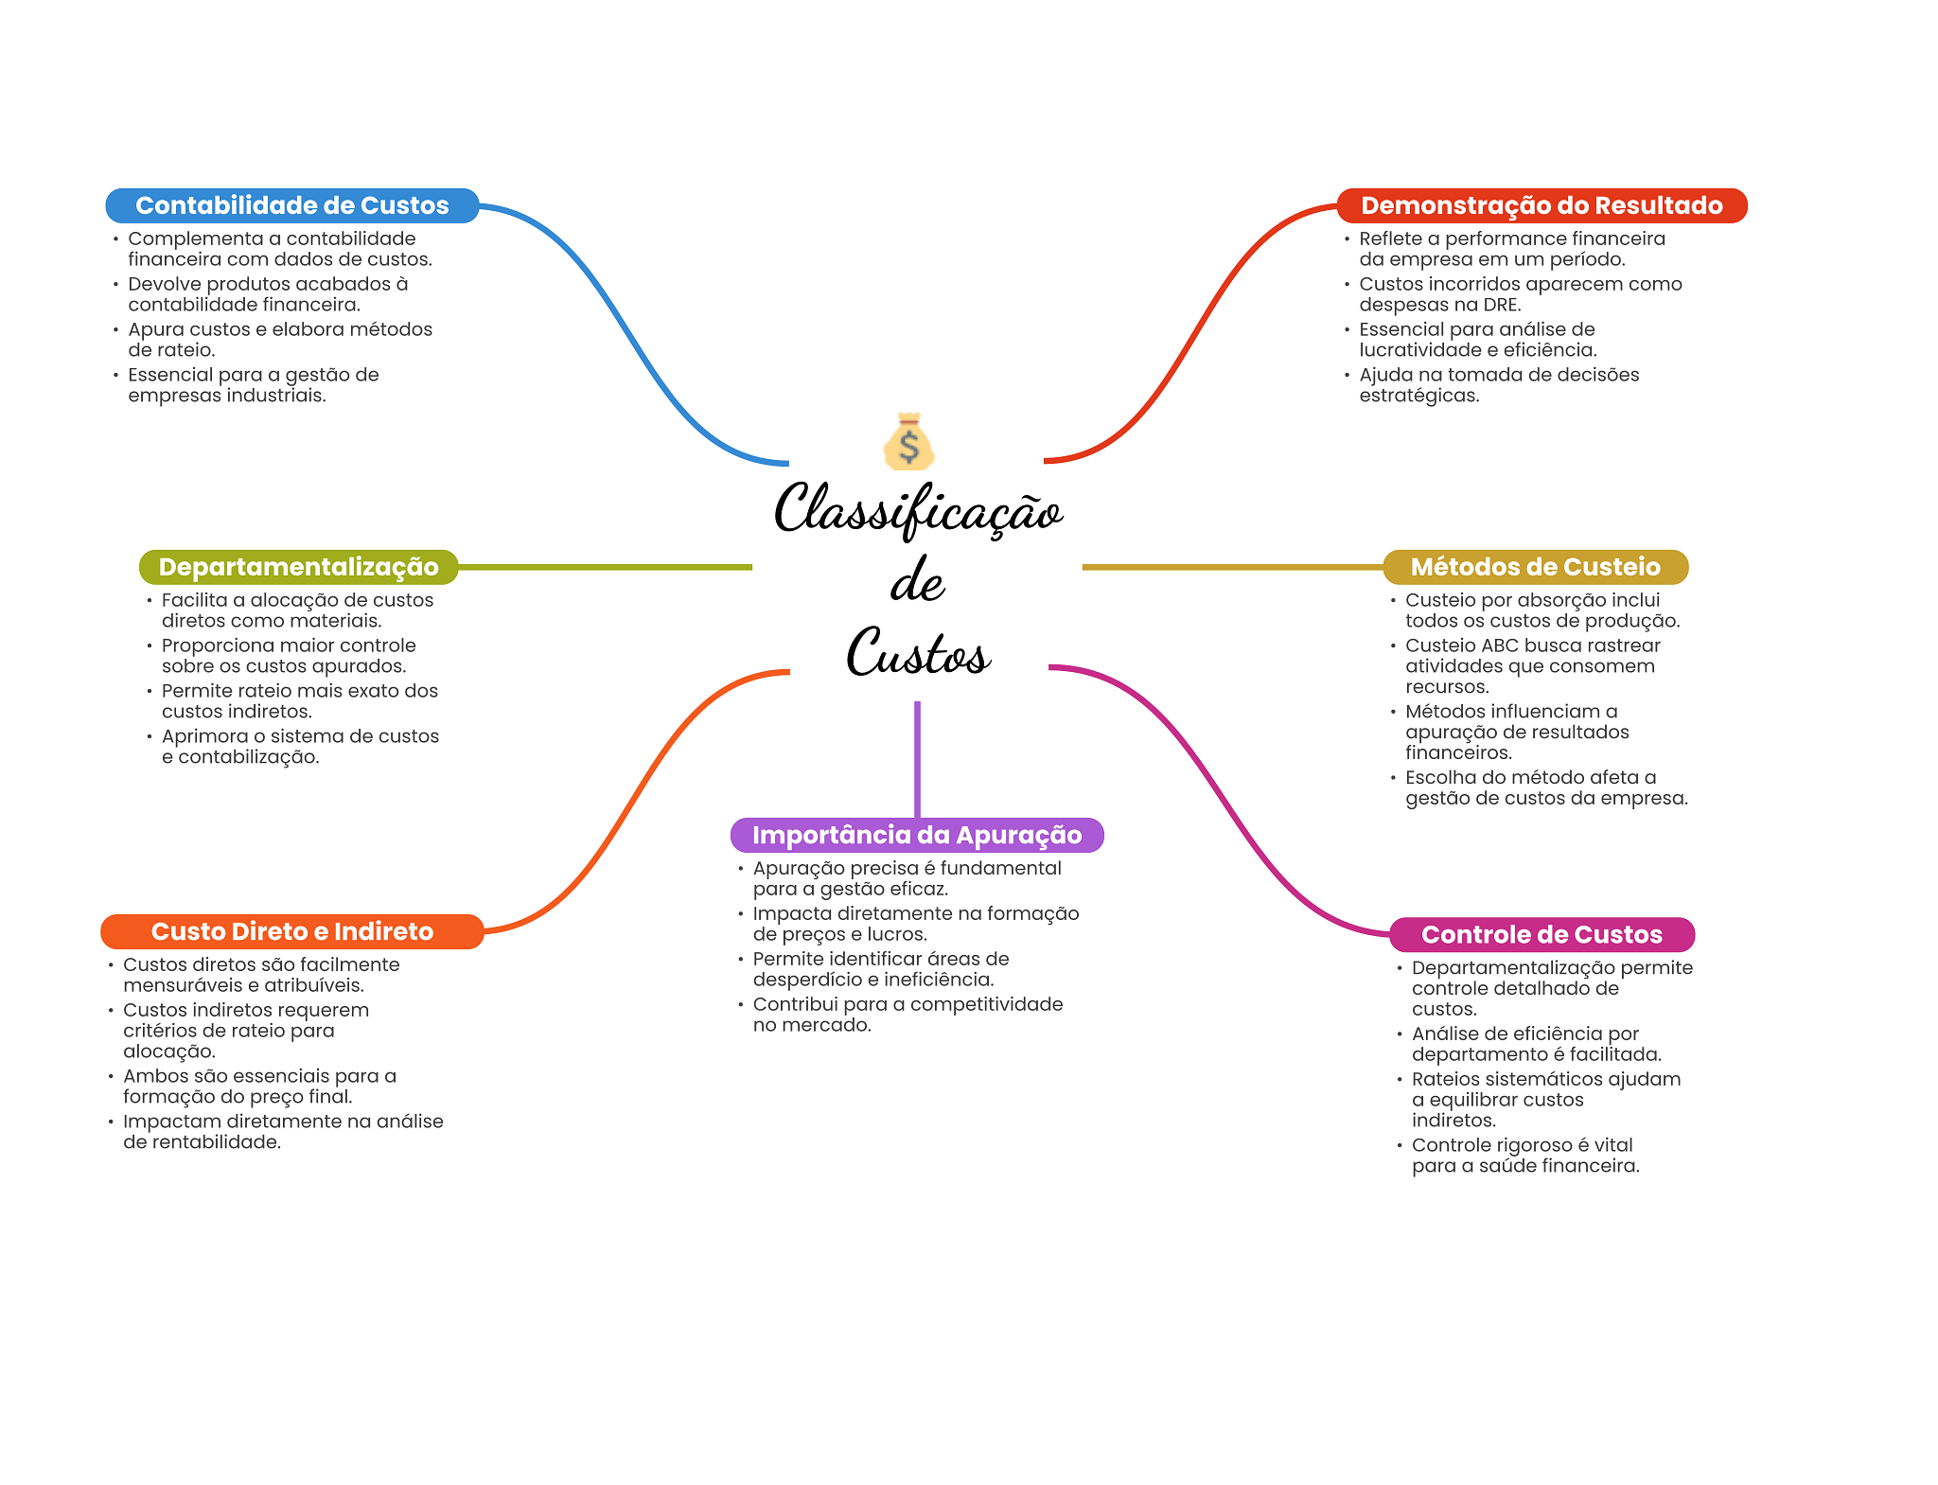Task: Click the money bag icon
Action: click(908, 442)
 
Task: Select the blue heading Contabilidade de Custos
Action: click(291, 205)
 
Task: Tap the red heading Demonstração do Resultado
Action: click(1541, 205)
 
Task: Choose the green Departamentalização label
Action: click(298, 567)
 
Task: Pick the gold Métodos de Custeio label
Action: click(1535, 567)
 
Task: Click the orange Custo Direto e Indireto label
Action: click(291, 931)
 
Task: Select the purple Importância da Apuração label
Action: click(916, 835)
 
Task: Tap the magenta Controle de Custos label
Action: click(1541, 934)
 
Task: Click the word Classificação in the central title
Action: click(918, 509)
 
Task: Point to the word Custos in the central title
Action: click(918, 653)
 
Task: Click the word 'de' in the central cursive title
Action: click(917, 581)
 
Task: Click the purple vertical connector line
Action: click(917, 757)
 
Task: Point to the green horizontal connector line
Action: click(606, 567)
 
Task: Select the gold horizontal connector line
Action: click(1230, 567)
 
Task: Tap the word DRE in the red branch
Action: click(1499, 305)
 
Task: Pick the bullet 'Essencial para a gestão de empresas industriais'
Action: click(253, 385)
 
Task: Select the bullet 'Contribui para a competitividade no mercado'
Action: click(907, 1015)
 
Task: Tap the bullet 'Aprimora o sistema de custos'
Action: click(299, 747)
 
